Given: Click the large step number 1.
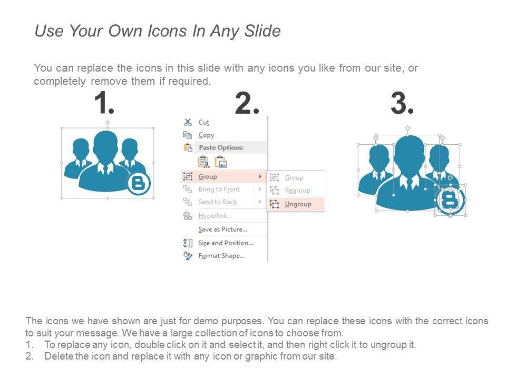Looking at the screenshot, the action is [104, 103].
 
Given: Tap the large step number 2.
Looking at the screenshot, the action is [247, 103].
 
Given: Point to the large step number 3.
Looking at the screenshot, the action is [402, 103].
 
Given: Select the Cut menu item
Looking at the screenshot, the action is [203, 123].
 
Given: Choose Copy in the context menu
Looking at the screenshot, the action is [206, 135].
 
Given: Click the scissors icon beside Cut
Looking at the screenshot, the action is [188, 122].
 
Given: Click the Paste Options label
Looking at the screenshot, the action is [221, 147].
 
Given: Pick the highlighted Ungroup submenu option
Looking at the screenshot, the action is [298, 204].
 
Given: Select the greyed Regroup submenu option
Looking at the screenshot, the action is [297, 191].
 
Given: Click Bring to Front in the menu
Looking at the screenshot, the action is [219, 189].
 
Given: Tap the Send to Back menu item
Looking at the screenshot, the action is [218, 202].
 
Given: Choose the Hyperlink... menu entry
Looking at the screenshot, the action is [215, 216].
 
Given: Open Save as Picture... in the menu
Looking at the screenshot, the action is [222, 230].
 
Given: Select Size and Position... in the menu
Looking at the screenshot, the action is [226, 243].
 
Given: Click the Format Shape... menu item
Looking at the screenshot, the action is [221, 256].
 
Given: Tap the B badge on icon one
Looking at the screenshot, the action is [139, 184].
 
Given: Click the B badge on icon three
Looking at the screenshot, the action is [450, 201].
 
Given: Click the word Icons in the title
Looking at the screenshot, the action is [167, 31].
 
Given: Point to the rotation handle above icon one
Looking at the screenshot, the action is [108, 123].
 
